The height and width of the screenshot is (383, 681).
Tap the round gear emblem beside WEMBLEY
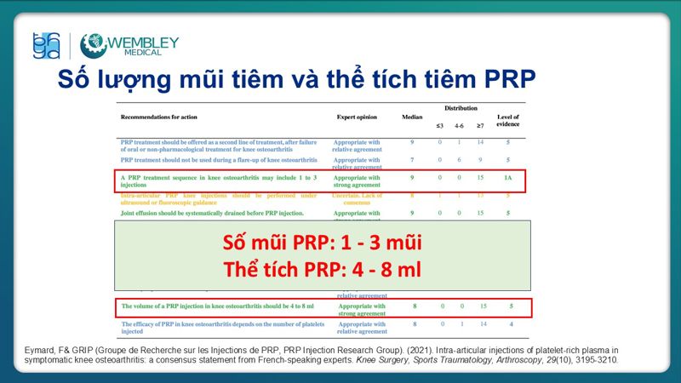pyautogui.click(x=94, y=46)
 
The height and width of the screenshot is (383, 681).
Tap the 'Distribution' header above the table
pyautogui.click(x=461, y=108)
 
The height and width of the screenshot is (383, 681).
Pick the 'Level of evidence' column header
pyautogui.click(x=508, y=120)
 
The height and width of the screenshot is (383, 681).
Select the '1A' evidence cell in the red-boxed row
pyautogui.click(x=508, y=177)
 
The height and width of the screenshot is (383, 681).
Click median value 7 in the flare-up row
pyautogui.click(x=412, y=160)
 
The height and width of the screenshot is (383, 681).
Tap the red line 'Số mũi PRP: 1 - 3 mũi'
pyautogui.click(x=323, y=243)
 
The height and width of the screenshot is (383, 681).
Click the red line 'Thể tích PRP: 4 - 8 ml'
pyautogui.click(x=323, y=269)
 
